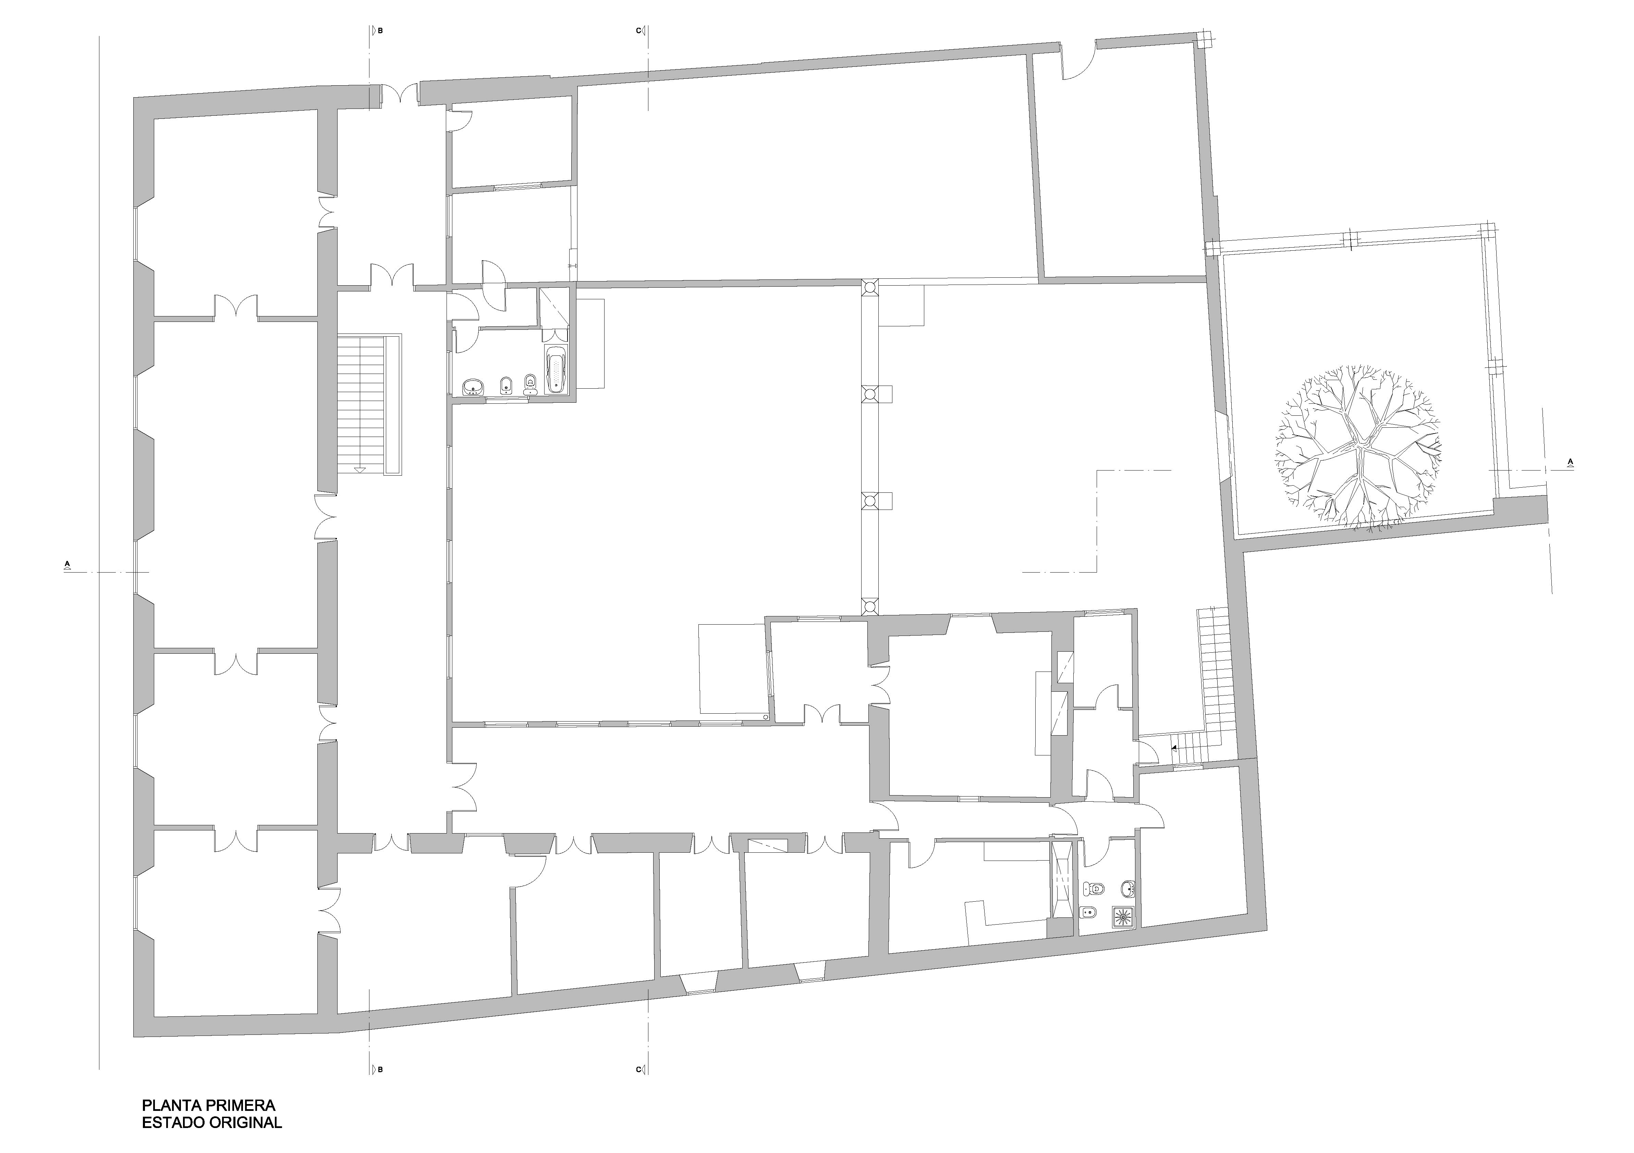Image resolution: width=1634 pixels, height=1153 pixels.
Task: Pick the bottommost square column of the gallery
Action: point(869,607)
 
